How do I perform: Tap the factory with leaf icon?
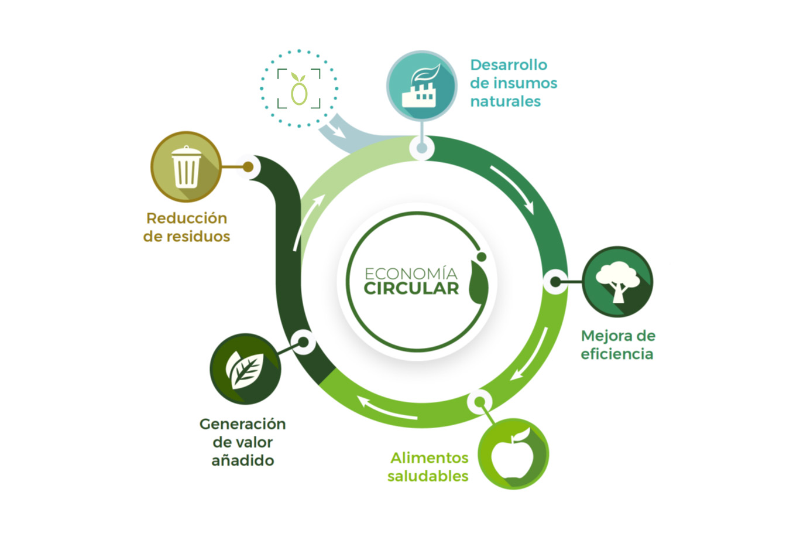click(421, 86)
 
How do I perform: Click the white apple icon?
click(513, 454)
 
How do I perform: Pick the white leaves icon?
click(245, 369)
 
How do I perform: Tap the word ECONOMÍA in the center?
click(411, 274)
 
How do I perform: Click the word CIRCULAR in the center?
click(411, 289)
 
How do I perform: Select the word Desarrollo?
click(509, 65)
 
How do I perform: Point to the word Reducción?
click(187, 218)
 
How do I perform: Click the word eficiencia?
click(617, 354)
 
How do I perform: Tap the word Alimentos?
click(430, 458)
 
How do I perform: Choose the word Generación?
click(242, 424)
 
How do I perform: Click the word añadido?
click(242, 460)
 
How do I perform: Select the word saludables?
click(428, 476)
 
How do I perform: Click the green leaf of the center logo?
click(477, 282)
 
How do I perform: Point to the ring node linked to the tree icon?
click(555, 282)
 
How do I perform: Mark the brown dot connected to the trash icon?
click(248, 166)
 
